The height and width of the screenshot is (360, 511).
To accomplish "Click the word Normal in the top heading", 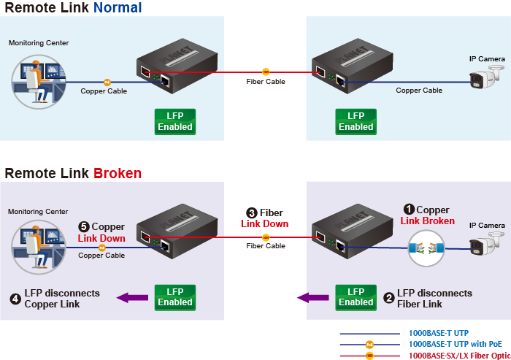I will coord(118,8).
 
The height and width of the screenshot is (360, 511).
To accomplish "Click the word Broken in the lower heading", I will coord(118,173).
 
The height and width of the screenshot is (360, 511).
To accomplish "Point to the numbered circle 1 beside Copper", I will coord(410,209).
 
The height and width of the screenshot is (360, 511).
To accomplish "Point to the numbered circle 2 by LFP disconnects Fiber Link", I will coord(389,298).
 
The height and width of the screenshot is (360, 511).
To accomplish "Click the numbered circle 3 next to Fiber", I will coord(252,212).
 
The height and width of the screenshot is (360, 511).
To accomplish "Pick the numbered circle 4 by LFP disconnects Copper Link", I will coord(15,298).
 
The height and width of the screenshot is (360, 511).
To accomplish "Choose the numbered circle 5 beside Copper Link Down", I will coord(83,226).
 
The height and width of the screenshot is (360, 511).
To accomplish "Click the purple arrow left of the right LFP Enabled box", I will coord(311,297).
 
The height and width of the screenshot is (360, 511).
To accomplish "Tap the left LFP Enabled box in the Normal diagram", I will coord(175,121).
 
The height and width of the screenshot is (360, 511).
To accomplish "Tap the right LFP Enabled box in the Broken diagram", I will coord(356,296).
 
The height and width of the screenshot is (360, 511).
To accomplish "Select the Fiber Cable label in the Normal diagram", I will coord(266,82).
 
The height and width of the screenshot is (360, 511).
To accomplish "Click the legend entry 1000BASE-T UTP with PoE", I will coord(455,343).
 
